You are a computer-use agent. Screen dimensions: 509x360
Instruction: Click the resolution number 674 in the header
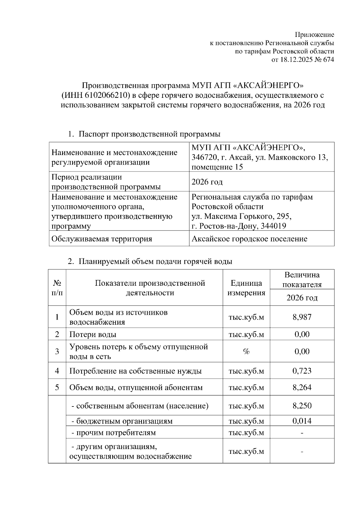tap(328, 60)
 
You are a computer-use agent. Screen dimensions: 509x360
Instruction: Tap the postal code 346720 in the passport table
tap(203, 157)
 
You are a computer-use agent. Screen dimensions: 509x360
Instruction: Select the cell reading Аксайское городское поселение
tap(249, 239)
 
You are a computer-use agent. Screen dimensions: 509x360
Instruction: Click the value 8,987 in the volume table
tap(302, 317)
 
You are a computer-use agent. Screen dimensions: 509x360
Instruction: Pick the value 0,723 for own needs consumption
tap(302, 371)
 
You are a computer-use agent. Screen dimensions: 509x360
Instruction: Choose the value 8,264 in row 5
tap(302, 387)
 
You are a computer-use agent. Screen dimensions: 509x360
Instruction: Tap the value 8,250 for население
tap(302, 406)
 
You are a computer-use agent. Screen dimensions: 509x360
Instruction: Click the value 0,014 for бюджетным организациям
tap(302, 421)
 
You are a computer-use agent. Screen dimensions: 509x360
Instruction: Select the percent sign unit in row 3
tap(246, 352)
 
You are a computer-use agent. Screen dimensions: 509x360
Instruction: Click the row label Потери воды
tap(93, 334)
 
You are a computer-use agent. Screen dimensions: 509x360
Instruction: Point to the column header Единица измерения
tap(246, 288)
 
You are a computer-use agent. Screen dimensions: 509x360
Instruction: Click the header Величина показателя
tap(302, 279)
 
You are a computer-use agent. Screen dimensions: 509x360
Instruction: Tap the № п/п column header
tap(57, 288)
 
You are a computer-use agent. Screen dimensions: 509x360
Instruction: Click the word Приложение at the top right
tap(315, 34)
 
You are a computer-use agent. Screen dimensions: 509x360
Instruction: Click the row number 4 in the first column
tap(57, 371)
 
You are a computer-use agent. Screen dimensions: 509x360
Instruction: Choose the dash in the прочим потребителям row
tap(302, 433)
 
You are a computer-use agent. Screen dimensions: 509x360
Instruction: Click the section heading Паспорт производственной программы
tap(149, 134)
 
